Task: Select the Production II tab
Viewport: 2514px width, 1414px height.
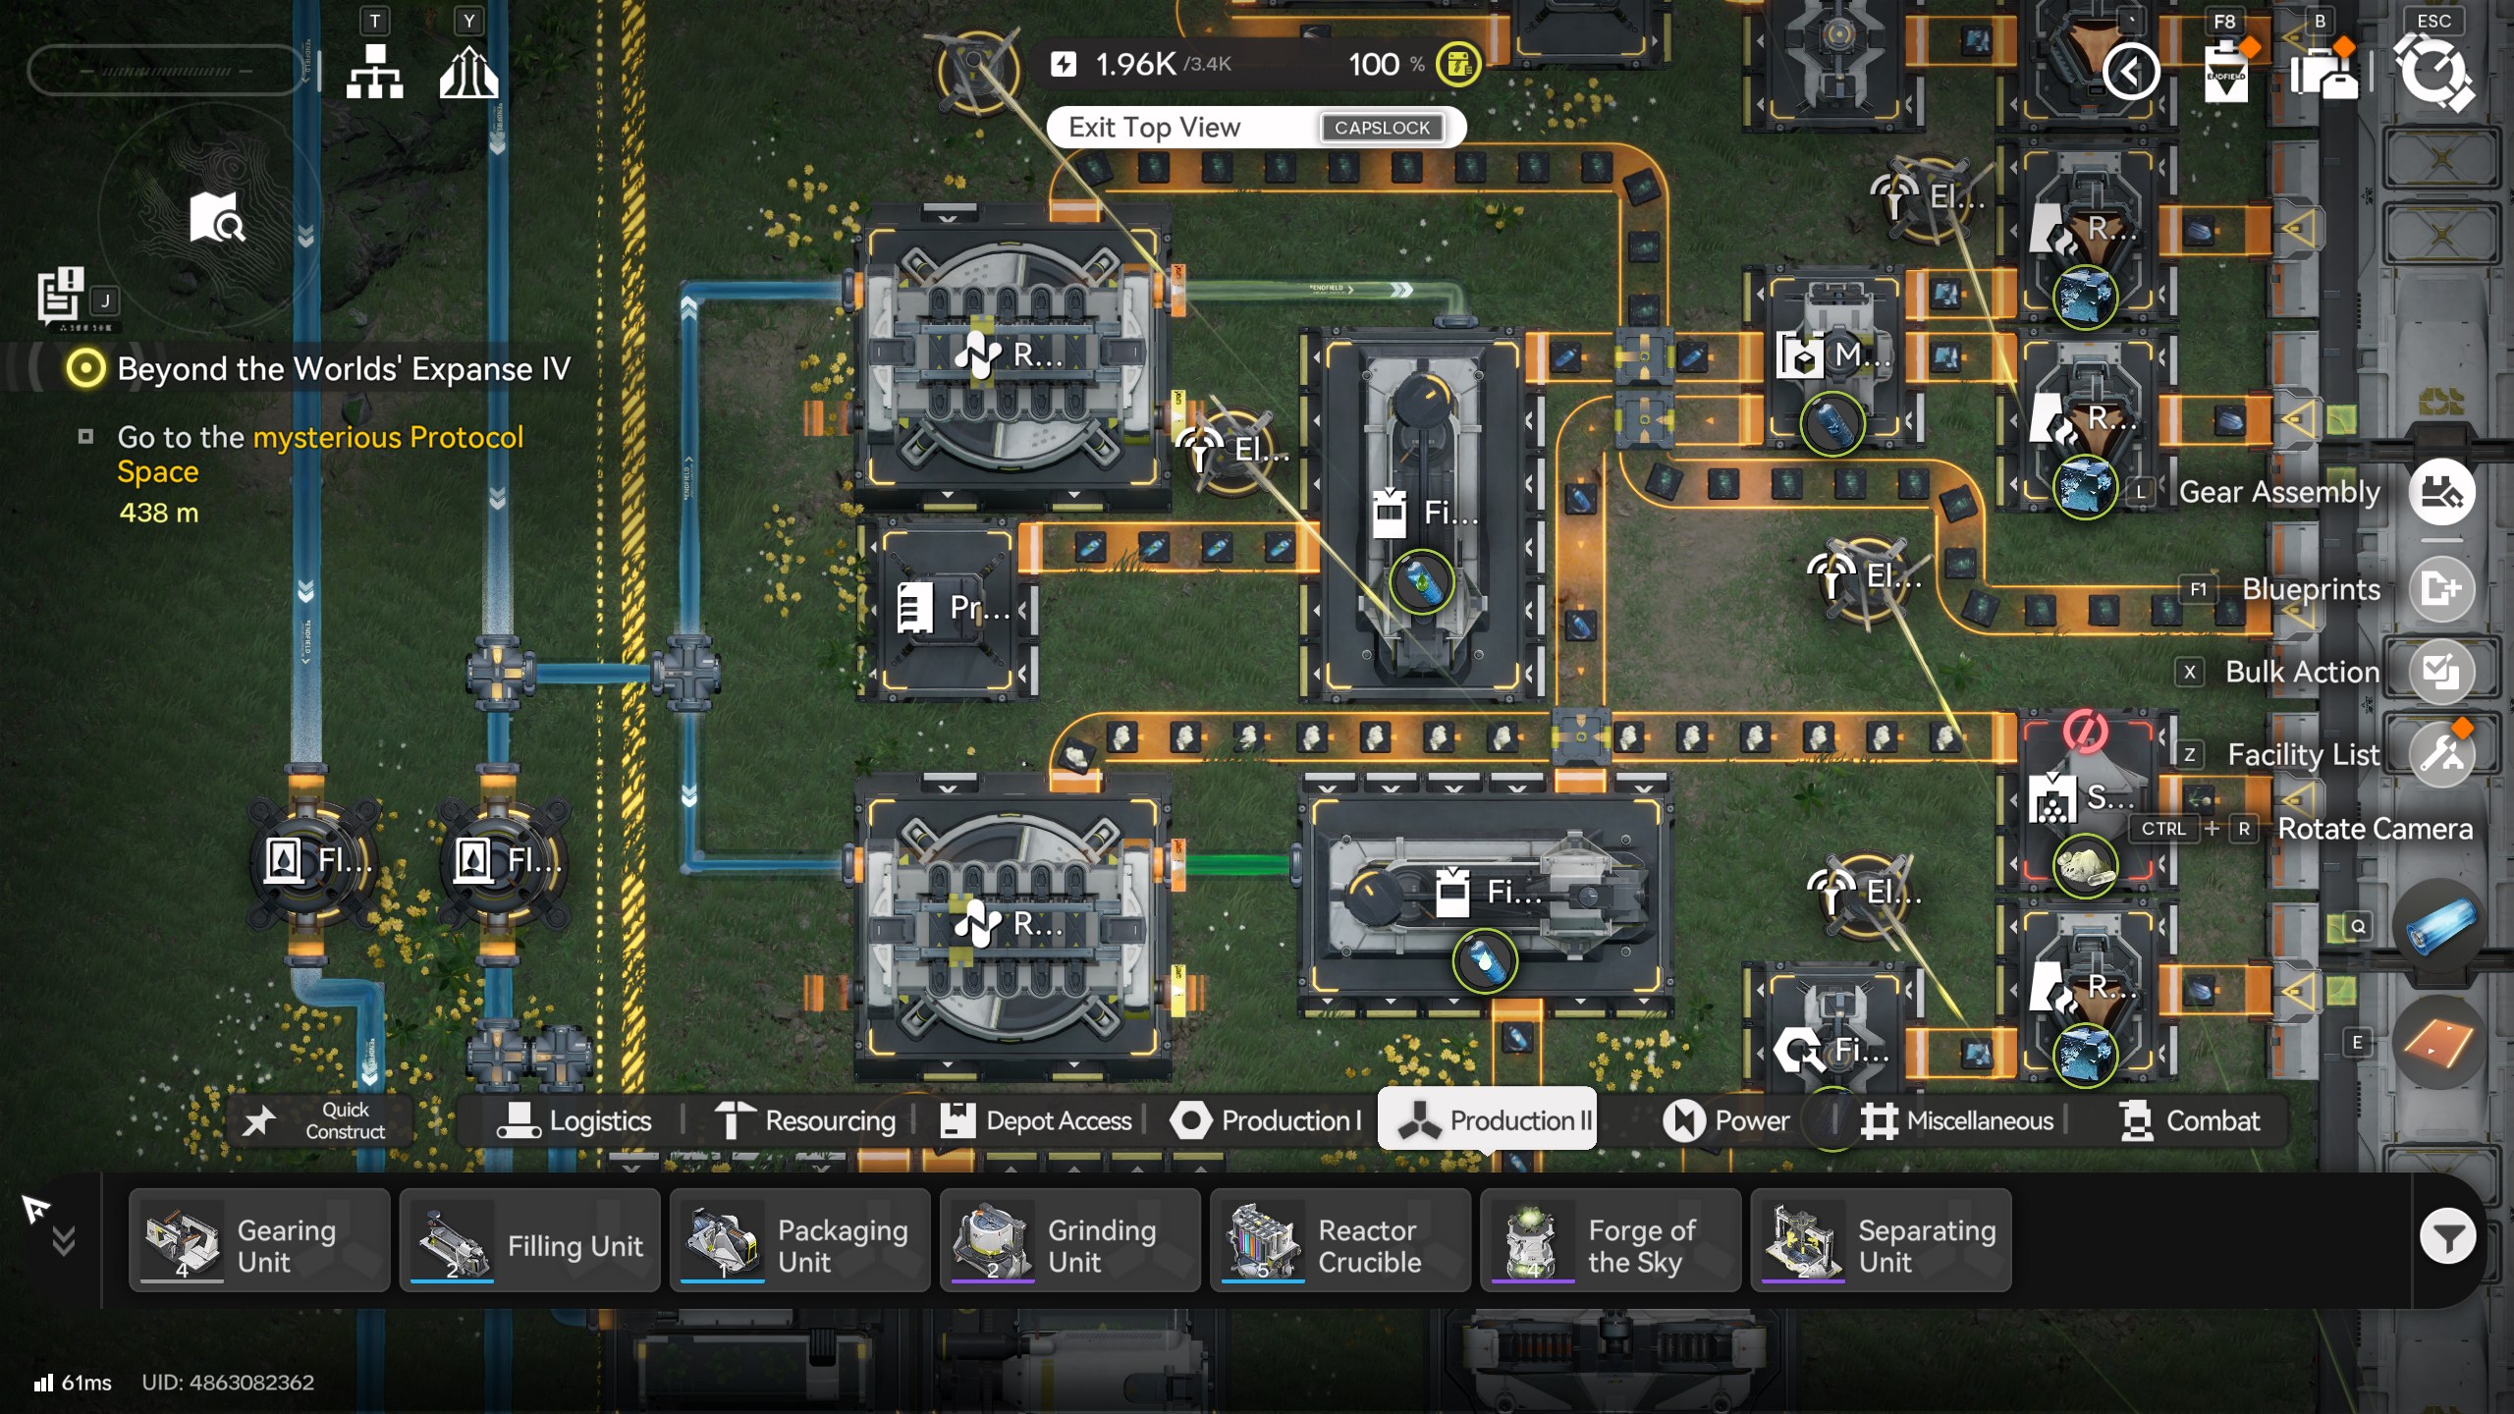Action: click(1488, 1120)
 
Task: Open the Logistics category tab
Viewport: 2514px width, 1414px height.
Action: click(575, 1120)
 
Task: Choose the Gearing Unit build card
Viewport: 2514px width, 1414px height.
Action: click(259, 1245)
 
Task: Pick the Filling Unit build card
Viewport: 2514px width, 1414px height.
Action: click(529, 1245)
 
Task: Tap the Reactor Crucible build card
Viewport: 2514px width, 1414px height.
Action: click(1339, 1245)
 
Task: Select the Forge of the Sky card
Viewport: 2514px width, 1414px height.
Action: click(1610, 1245)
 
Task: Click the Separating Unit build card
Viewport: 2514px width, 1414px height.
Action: click(1880, 1245)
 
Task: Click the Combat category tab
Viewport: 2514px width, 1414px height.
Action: click(2190, 1120)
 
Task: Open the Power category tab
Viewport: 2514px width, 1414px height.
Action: click(1725, 1120)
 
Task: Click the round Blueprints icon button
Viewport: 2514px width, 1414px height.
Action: click(2441, 589)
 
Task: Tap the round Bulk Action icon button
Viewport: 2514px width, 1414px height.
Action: click(2441, 672)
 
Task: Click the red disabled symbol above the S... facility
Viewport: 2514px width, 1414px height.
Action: click(2084, 732)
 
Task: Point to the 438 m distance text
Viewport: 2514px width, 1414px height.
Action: click(158, 513)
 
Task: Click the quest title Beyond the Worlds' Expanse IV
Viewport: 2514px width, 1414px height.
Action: click(344, 369)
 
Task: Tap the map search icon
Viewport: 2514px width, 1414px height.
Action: click(217, 217)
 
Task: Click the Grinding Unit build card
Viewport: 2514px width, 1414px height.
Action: click(1069, 1245)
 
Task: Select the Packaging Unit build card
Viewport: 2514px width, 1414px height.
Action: click(799, 1245)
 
